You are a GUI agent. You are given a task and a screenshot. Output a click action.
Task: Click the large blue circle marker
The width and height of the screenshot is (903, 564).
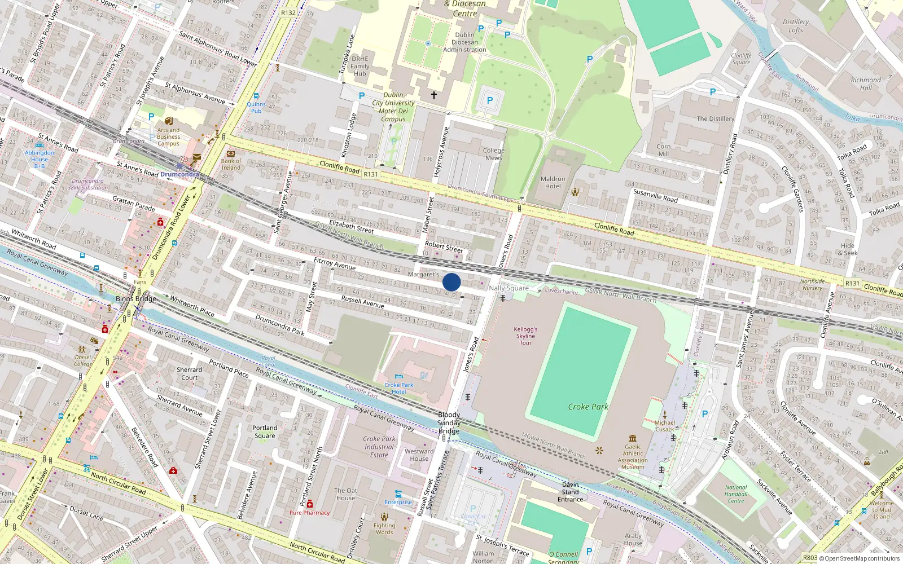pos(451,282)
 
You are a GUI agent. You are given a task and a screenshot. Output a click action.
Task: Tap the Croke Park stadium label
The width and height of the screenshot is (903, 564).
pos(588,407)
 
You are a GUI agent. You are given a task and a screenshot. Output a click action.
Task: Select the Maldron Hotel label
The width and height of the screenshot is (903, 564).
pos(553,183)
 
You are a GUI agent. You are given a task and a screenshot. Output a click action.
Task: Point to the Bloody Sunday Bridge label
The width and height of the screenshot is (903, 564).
pos(449,423)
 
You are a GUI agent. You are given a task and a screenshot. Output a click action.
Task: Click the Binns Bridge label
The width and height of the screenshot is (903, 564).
pos(135,298)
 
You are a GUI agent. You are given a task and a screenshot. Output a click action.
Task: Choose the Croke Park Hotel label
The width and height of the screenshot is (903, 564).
pos(399,388)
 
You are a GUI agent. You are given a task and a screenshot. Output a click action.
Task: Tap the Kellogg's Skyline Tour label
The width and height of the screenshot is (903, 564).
pos(525,336)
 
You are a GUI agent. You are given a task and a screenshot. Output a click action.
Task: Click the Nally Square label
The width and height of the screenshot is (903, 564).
pos(509,288)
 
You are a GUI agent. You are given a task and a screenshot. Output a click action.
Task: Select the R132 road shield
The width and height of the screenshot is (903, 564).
pos(288,12)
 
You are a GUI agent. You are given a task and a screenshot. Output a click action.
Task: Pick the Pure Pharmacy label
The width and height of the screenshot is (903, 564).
pos(309,513)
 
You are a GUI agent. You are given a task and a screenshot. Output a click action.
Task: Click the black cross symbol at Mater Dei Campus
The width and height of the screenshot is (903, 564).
pos(434,95)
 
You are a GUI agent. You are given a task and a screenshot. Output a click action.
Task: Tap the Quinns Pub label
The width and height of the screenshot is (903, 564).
pos(256,107)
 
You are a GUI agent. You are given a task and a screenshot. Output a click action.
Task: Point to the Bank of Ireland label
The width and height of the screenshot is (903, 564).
pos(231,164)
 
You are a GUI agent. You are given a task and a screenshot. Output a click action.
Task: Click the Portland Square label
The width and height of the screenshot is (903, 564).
pos(265,431)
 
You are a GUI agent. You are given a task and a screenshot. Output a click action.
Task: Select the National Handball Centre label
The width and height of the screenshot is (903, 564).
pos(736,494)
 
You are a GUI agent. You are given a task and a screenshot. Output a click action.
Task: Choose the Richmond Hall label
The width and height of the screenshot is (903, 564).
pos(866,83)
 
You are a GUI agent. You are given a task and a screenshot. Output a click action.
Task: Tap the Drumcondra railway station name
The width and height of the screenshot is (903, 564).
pos(179,174)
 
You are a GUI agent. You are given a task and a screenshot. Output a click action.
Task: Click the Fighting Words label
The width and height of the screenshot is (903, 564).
pos(384,528)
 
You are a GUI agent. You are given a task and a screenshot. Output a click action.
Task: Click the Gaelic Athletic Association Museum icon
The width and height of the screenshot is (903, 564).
pos(633,438)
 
